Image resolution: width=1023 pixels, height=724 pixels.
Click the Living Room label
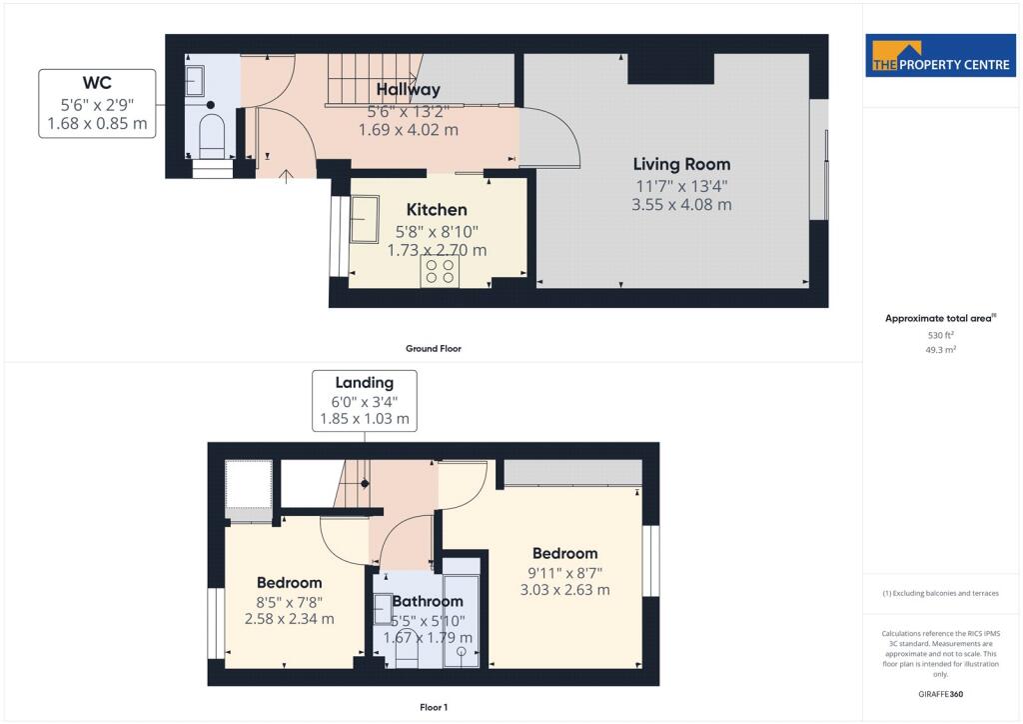tap(681, 165)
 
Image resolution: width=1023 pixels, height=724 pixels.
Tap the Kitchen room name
tap(437, 210)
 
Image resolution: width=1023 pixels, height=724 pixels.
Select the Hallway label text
tap(409, 89)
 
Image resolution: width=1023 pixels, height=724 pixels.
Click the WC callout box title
tap(97, 83)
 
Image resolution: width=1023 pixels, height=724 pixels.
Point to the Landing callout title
tap(364, 383)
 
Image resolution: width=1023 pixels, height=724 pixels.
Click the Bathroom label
tap(428, 601)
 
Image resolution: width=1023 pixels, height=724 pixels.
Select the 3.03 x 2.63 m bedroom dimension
tap(565, 590)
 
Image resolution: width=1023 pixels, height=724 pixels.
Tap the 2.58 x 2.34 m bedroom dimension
tap(289, 619)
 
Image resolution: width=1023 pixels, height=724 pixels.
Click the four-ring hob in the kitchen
tap(440, 272)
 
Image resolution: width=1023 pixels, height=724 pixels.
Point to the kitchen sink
tap(365, 219)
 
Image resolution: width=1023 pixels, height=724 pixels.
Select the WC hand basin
tap(195, 81)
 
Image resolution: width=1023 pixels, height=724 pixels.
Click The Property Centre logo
tap(941, 57)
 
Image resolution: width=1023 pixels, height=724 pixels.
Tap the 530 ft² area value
tap(941, 335)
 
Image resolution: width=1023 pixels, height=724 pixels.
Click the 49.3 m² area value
tap(941, 350)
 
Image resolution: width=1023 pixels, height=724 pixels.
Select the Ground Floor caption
tap(434, 349)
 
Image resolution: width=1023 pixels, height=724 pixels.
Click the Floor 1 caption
tap(434, 708)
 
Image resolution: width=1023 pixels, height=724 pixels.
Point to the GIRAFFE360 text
tap(940, 694)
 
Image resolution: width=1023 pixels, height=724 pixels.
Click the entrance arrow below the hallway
tap(286, 176)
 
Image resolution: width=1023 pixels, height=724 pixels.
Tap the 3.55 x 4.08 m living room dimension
tap(681, 205)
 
